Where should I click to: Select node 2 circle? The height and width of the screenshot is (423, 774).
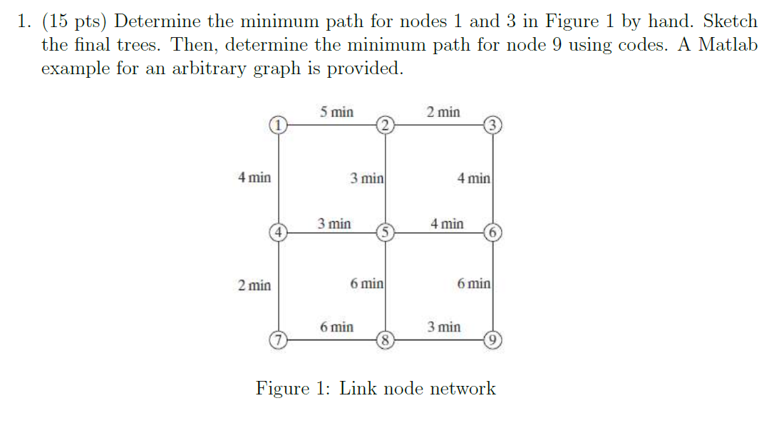tap(385, 126)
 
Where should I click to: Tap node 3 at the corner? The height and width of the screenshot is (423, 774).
tap(492, 126)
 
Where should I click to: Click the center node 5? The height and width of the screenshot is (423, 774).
tap(385, 232)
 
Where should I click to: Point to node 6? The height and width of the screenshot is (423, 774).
tap(492, 232)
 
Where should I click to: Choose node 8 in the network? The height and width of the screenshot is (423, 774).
tap(385, 340)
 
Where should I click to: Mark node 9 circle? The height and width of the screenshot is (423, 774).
tap(492, 340)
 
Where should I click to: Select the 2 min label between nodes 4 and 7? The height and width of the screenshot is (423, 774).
tap(254, 285)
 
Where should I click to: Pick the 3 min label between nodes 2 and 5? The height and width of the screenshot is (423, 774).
tap(367, 178)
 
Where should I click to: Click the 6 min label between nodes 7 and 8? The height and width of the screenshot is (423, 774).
tap(336, 327)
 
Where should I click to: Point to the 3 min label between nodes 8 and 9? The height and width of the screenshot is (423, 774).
tap(443, 327)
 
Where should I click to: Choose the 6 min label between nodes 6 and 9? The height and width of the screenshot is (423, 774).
tap(474, 283)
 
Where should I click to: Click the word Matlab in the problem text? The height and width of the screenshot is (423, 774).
tap(728, 45)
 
